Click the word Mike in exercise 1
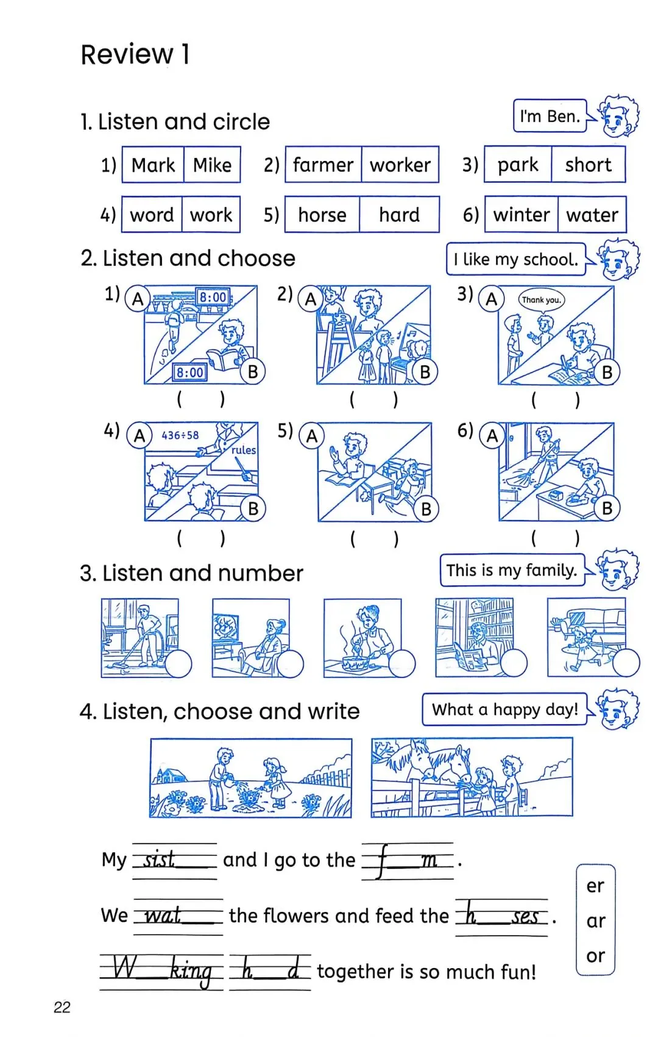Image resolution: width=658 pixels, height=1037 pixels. coord(212,165)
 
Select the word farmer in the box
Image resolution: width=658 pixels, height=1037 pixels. coord(323,165)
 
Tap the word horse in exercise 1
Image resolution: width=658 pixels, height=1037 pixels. coord(322,215)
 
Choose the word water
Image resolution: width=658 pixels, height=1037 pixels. coord(592,215)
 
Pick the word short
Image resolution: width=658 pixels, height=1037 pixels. coord(588,165)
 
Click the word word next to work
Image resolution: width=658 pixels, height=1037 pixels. coord(152,215)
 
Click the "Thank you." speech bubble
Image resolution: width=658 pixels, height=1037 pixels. coord(541,299)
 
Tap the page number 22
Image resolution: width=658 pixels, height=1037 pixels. coord(62,1007)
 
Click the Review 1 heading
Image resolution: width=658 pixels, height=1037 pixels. coord(135,54)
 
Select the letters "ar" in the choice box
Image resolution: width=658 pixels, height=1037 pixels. coord(595,921)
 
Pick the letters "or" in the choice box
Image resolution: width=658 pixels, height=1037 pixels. coord(595,956)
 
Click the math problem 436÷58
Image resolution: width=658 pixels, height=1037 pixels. coord(180,435)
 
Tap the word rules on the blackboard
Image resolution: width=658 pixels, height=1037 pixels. coord(243,450)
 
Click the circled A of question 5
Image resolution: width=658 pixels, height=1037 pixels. coord(311,436)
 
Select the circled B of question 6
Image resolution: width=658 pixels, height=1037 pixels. coord(607,508)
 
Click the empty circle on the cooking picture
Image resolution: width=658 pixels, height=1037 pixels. coord(402,663)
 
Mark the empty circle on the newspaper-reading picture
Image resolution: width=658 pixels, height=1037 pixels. coord(514,663)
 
